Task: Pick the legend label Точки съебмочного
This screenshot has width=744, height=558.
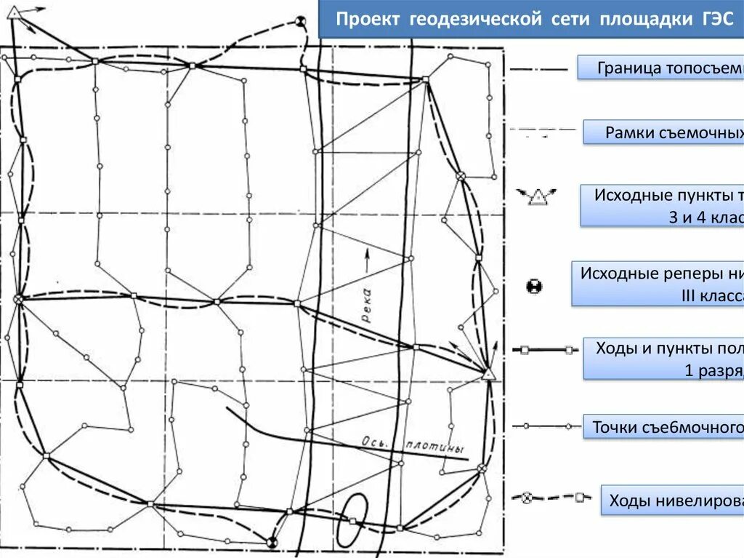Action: click(x=667, y=428)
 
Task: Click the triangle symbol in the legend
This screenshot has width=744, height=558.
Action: click(x=538, y=196)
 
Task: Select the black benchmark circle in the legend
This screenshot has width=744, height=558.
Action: click(x=535, y=286)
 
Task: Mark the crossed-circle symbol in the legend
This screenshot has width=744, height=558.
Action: click(x=527, y=498)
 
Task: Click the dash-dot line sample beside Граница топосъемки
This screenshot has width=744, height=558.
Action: click(x=539, y=70)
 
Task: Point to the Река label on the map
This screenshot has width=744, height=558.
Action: click(x=365, y=306)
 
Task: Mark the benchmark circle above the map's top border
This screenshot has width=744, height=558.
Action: click(x=301, y=23)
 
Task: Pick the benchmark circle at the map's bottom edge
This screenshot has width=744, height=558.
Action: click(x=272, y=541)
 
